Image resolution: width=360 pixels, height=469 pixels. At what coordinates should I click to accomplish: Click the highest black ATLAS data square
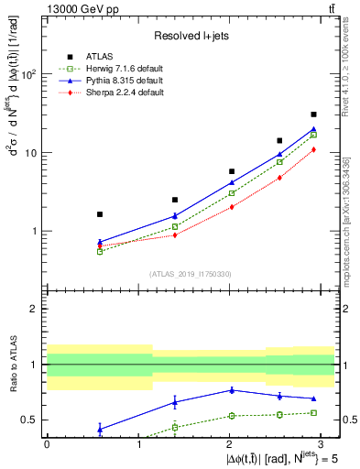(314, 115)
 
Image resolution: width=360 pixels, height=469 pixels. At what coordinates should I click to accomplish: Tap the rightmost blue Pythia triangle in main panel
(314, 129)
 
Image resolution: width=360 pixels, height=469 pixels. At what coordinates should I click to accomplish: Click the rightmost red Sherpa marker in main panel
(314, 149)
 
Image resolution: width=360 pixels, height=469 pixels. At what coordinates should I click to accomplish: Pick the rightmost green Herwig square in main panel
(314, 135)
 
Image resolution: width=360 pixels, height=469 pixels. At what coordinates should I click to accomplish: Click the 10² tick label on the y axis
(29, 74)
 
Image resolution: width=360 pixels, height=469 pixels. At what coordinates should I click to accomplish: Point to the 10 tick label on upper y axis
(33, 153)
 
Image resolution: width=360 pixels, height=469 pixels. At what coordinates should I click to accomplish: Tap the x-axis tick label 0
(47, 443)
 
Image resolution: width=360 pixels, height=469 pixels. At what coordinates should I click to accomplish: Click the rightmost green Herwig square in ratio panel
(314, 412)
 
